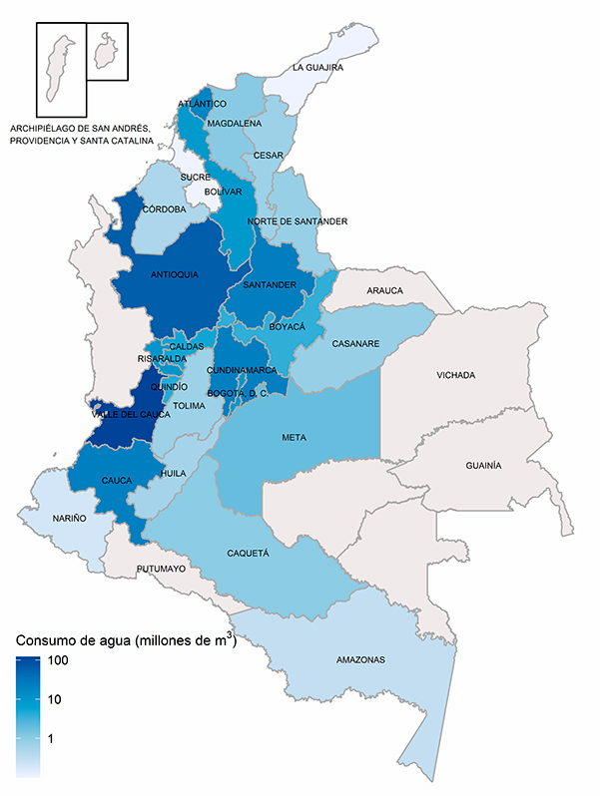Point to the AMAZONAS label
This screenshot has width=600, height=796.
[358, 660]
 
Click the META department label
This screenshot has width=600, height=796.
[294, 437]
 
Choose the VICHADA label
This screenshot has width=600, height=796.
[455, 375]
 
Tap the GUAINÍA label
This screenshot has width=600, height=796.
[483, 466]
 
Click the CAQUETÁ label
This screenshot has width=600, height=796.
[248, 551]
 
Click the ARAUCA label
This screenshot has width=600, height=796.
[384, 290]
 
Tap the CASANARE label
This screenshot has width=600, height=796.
[356, 344]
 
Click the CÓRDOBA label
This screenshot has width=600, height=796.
[164, 209]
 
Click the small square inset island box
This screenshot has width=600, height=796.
[107, 51]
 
